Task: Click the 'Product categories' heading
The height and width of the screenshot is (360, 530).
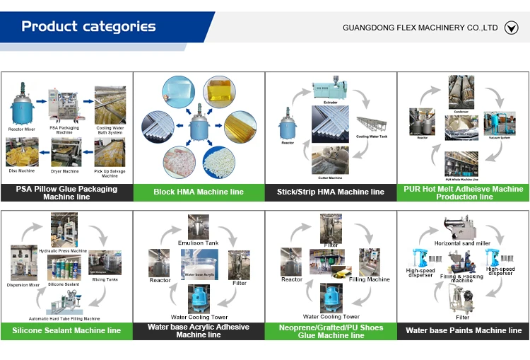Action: (x=88, y=27)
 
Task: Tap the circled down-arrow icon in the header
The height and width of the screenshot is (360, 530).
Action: (x=512, y=28)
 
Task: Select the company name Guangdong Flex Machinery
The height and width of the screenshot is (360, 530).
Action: (x=420, y=28)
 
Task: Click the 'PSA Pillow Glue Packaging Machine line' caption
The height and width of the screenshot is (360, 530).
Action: (x=66, y=192)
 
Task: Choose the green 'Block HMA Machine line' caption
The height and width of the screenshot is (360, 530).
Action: (x=198, y=192)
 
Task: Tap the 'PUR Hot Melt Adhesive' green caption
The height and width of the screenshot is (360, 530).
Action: (x=463, y=192)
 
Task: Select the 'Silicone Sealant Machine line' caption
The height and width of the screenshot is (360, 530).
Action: (x=66, y=330)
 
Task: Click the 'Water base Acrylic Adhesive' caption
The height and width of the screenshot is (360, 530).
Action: (x=198, y=330)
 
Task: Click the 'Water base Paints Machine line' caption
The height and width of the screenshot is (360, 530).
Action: (x=463, y=330)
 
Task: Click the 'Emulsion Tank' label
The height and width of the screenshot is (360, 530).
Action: (x=198, y=243)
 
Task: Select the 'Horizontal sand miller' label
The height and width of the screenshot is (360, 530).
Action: (x=463, y=243)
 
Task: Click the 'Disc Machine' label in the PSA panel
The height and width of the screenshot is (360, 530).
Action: (x=22, y=171)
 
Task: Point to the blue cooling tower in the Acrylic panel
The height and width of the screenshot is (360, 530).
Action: (x=199, y=298)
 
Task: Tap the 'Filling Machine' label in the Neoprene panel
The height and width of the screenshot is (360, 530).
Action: (x=369, y=279)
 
